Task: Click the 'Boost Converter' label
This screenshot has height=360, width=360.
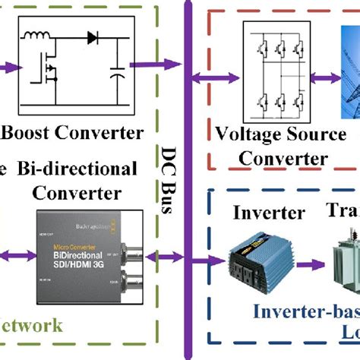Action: click(73, 133)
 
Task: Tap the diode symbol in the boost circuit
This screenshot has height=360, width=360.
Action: click(95, 37)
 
